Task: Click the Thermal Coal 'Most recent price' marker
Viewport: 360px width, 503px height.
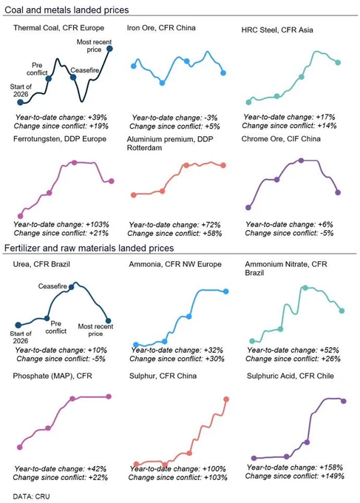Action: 109,49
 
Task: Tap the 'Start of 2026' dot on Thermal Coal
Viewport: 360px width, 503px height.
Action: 20,102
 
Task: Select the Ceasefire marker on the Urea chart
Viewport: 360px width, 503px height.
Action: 72,287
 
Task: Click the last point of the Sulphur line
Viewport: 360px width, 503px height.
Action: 226,399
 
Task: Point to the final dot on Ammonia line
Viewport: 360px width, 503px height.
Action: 225,291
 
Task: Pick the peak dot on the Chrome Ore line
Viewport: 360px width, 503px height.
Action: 301,161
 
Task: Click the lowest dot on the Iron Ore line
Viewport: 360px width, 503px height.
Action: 162,83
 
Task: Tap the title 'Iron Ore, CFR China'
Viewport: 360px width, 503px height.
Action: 161,27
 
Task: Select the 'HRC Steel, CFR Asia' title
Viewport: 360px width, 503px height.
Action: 277,30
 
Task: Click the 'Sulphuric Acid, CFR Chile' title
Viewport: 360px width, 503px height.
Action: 290,376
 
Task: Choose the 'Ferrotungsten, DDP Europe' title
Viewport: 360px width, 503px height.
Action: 60,138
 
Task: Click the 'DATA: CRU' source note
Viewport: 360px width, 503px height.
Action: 31,496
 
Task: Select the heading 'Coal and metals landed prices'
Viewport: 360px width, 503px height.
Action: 67,10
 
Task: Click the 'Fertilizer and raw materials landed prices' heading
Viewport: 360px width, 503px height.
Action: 89,248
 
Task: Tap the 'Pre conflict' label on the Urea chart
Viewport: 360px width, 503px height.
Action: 55,327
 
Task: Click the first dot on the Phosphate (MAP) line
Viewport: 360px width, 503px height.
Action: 19,447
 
